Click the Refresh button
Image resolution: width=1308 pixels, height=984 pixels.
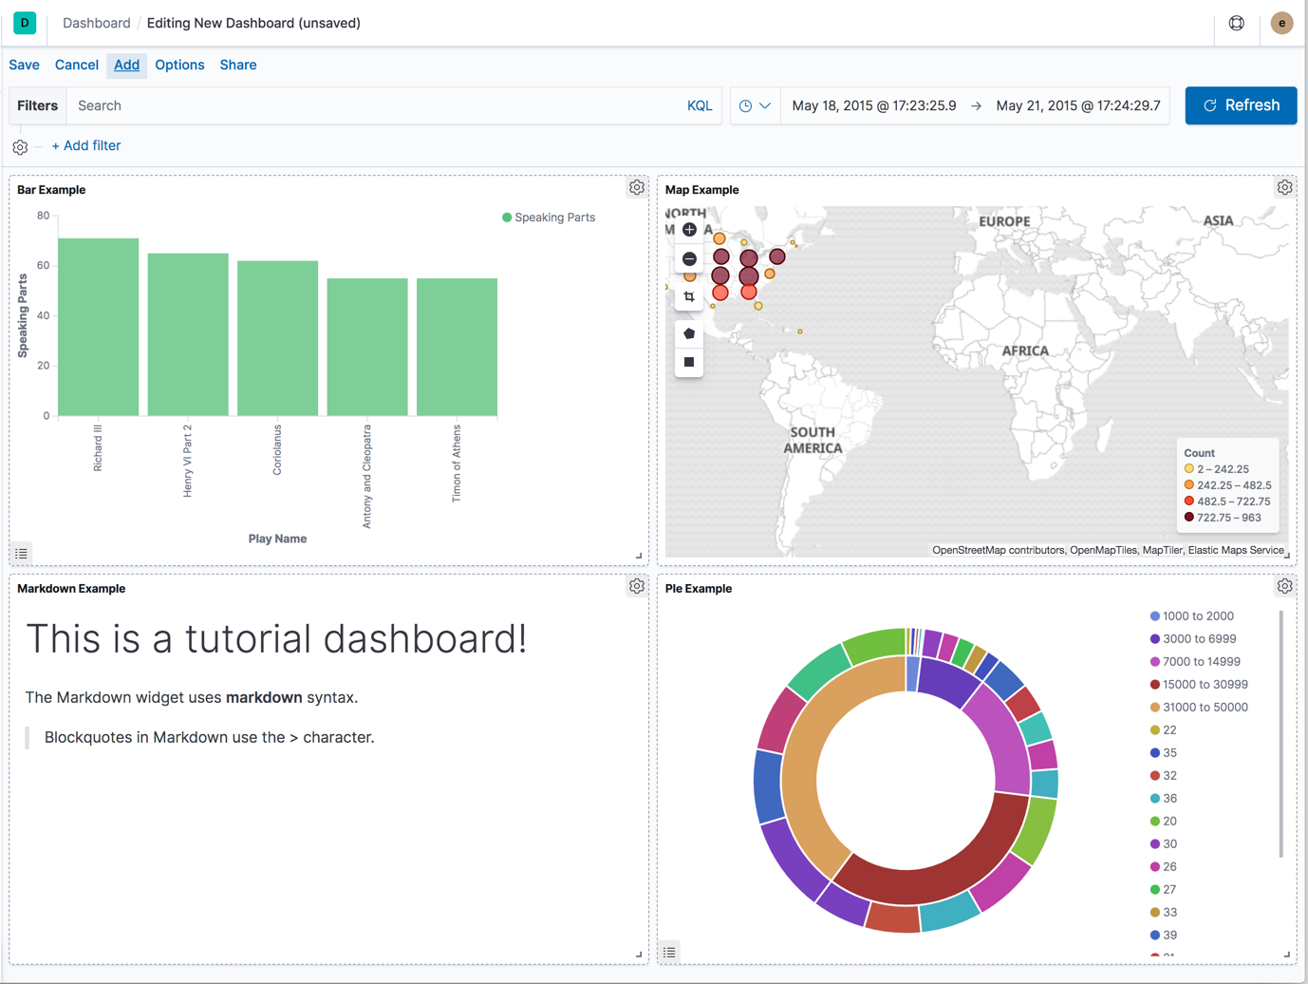tap(1241, 105)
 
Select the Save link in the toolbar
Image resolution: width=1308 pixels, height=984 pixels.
tap(25, 65)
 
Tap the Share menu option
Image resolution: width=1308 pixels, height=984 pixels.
tap(238, 65)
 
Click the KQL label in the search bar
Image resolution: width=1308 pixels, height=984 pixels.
tap(700, 105)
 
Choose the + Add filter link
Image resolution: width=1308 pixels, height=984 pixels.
tap(86, 145)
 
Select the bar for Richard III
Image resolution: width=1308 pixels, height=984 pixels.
tap(99, 327)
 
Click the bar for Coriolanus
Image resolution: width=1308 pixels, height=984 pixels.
tap(277, 338)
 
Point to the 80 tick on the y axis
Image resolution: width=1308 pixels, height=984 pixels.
tap(44, 216)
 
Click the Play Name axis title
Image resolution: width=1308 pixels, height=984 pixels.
tap(277, 539)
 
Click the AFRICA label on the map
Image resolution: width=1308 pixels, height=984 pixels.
tap(1025, 350)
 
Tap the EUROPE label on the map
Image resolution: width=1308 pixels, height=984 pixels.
tap(1004, 221)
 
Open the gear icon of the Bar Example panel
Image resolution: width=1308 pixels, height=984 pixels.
tap(637, 188)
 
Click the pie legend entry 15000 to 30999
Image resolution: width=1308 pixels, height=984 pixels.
tap(1205, 684)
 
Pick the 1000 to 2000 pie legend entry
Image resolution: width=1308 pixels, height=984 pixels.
tap(1198, 615)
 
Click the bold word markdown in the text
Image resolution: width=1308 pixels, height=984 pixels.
tap(264, 697)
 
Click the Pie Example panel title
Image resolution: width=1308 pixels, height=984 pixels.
tap(699, 589)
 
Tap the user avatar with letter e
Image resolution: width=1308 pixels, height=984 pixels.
tap(1281, 23)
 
